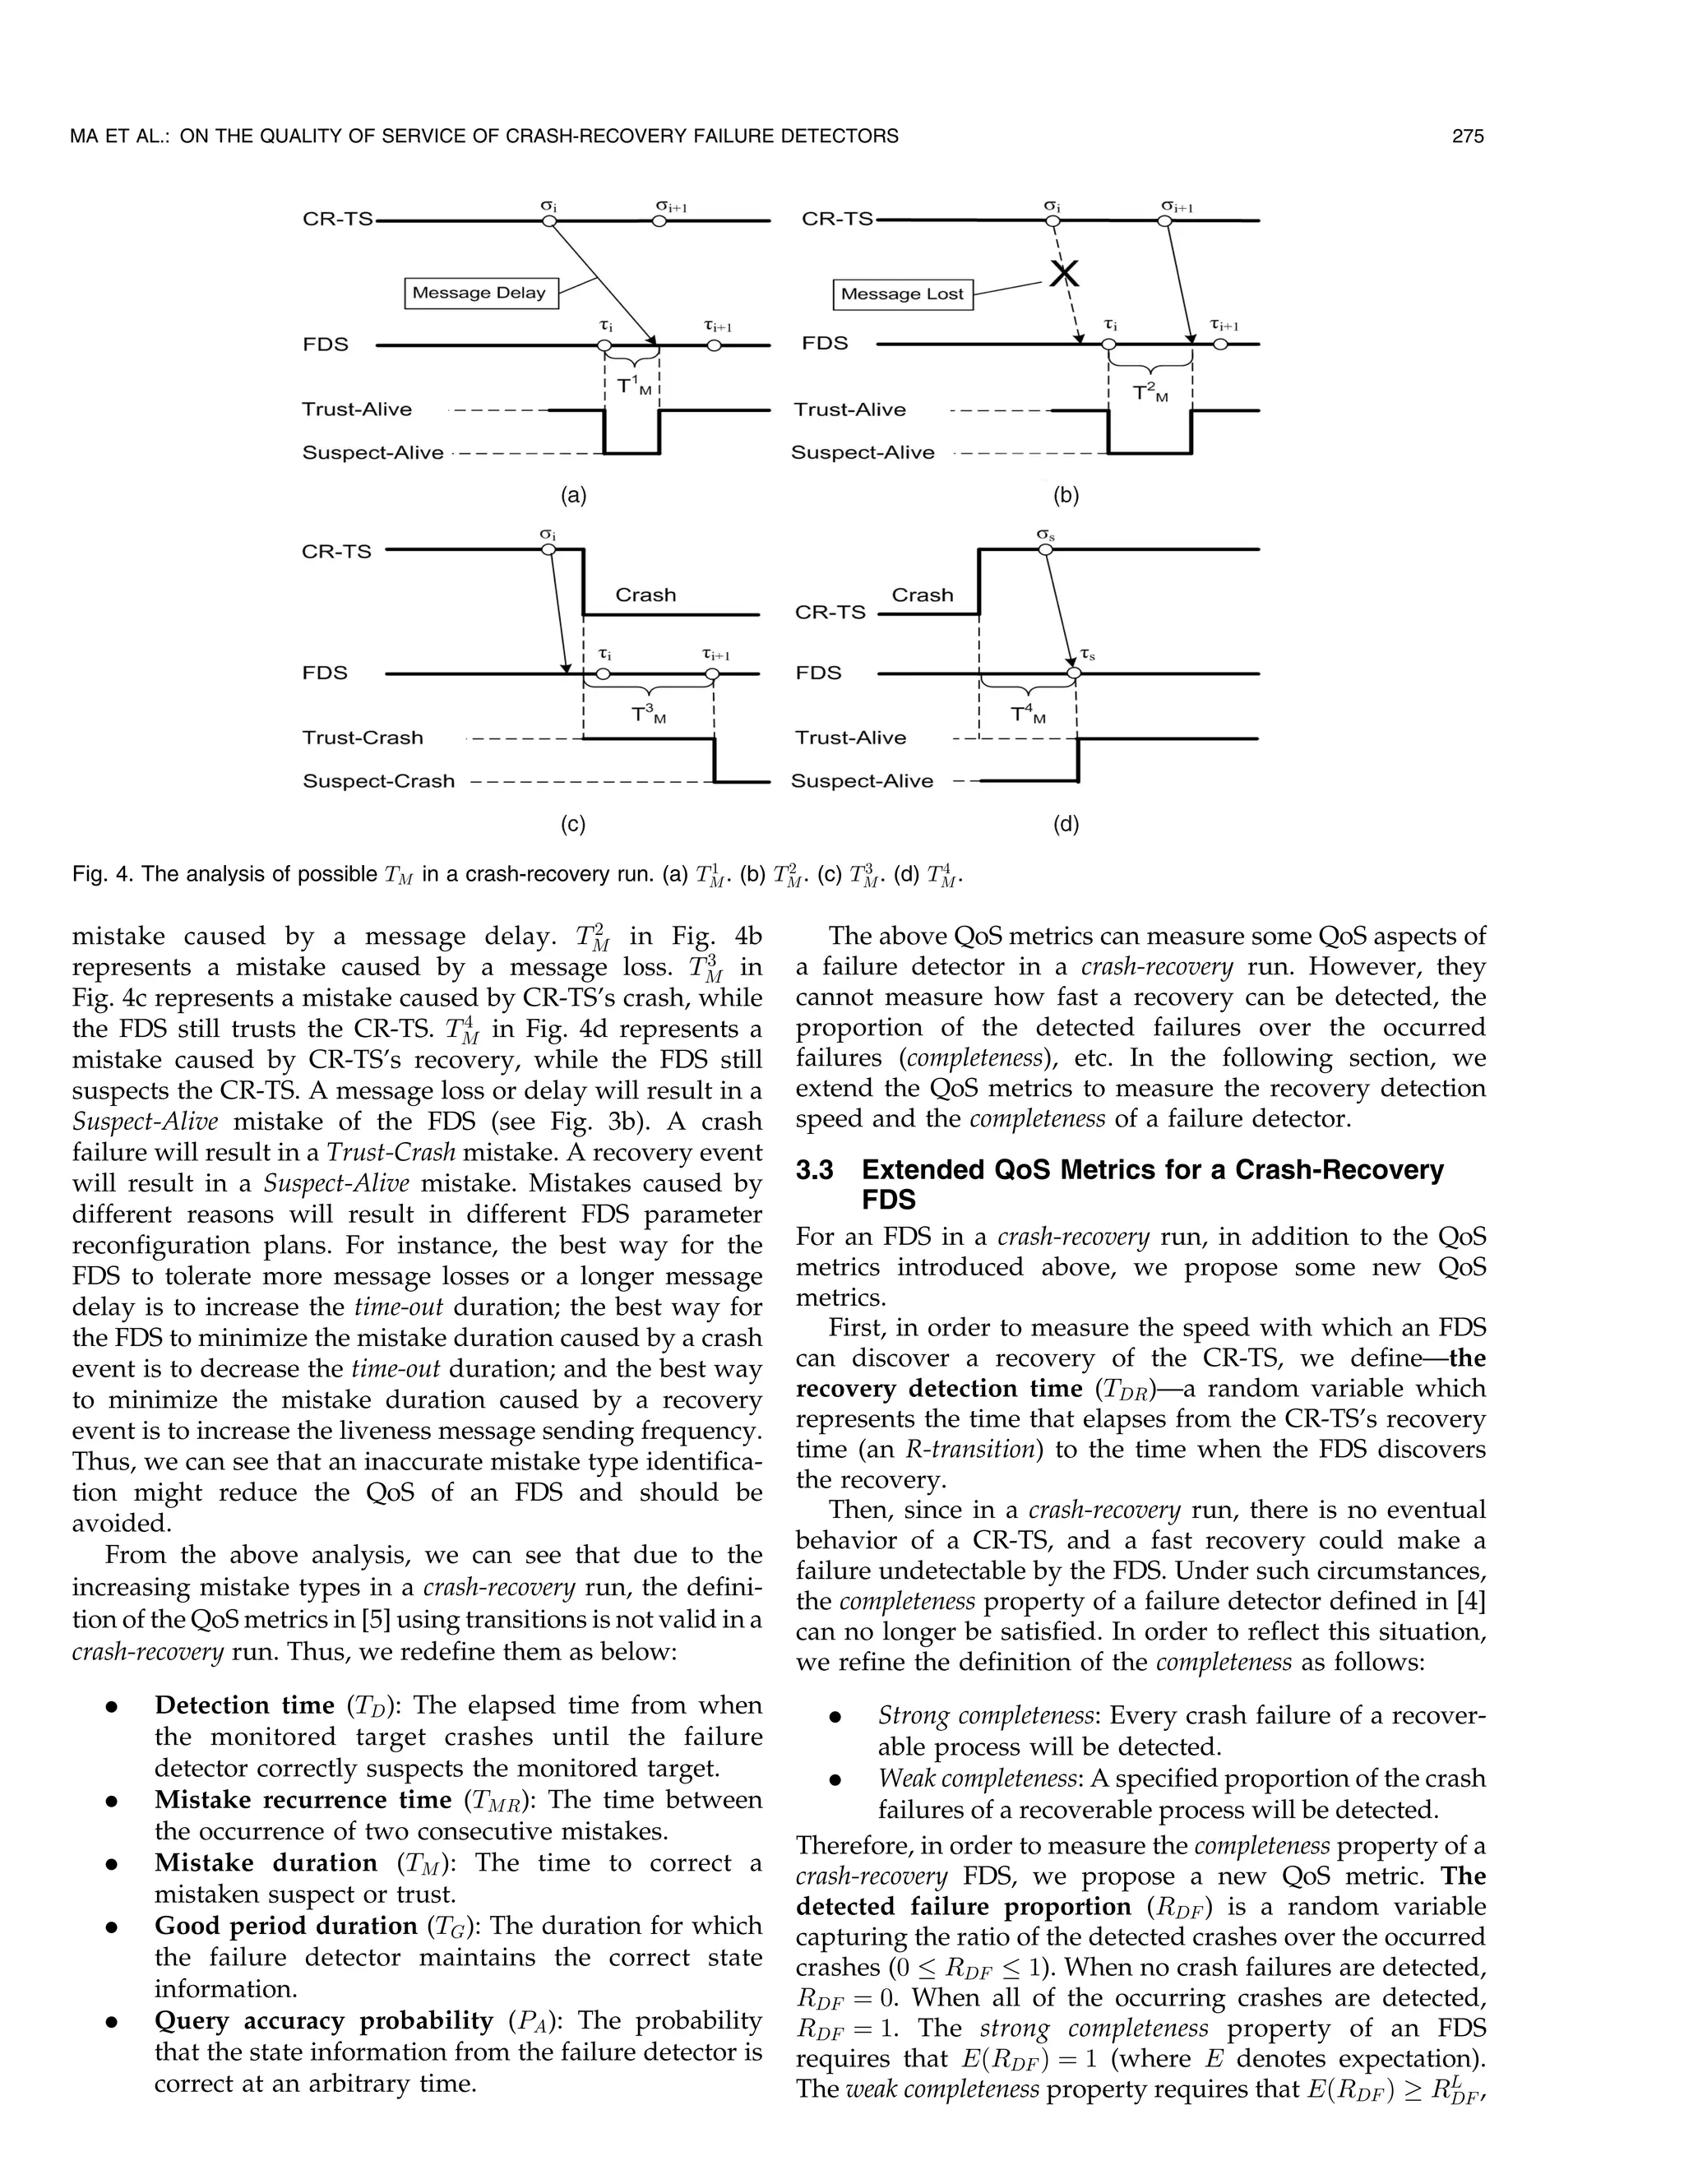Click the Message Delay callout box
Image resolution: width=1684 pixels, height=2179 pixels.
point(478,293)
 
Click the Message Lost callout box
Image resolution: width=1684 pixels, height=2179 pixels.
point(902,294)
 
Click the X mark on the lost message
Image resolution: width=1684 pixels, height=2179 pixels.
point(1063,271)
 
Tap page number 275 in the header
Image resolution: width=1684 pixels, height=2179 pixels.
point(1468,136)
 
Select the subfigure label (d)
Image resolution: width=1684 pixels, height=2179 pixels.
point(1066,824)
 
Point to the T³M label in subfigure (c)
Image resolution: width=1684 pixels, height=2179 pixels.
point(647,715)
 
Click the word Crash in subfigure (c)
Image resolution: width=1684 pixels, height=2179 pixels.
point(645,594)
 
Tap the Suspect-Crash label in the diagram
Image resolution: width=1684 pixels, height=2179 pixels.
point(378,781)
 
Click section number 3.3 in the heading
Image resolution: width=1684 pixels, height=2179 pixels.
point(814,1170)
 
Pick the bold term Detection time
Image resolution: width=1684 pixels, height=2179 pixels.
point(243,1705)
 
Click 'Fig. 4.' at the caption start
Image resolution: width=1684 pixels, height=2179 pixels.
point(102,875)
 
